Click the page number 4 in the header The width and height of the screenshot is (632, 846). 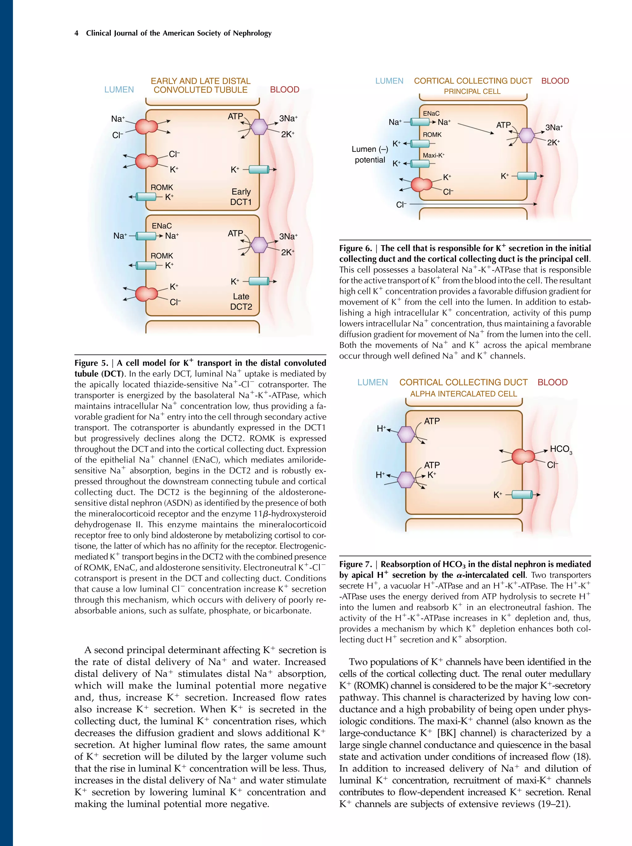pyautogui.click(x=77, y=33)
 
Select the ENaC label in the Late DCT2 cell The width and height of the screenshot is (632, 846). pyautogui.click(x=161, y=226)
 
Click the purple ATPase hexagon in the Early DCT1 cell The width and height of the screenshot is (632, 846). pyautogui.click(x=259, y=127)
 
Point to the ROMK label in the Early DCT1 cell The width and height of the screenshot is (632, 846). pyautogui.click(x=161, y=187)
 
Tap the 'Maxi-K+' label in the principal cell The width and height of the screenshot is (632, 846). pyautogui.click(x=433, y=156)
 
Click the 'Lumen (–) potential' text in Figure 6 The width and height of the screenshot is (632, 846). pyautogui.click(x=369, y=155)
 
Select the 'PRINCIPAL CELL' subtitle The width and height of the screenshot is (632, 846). pyautogui.click(x=472, y=92)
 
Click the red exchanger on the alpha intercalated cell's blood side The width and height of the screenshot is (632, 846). pyautogui.click(x=523, y=456)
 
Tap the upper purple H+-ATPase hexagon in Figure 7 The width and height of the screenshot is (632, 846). pyautogui.click(x=406, y=434)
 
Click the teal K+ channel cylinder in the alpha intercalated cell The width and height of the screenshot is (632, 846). pyautogui.click(x=522, y=494)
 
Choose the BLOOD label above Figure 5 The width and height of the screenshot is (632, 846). pyautogui.click(x=284, y=90)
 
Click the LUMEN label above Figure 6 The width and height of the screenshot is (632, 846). pyautogui.click(x=389, y=81)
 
